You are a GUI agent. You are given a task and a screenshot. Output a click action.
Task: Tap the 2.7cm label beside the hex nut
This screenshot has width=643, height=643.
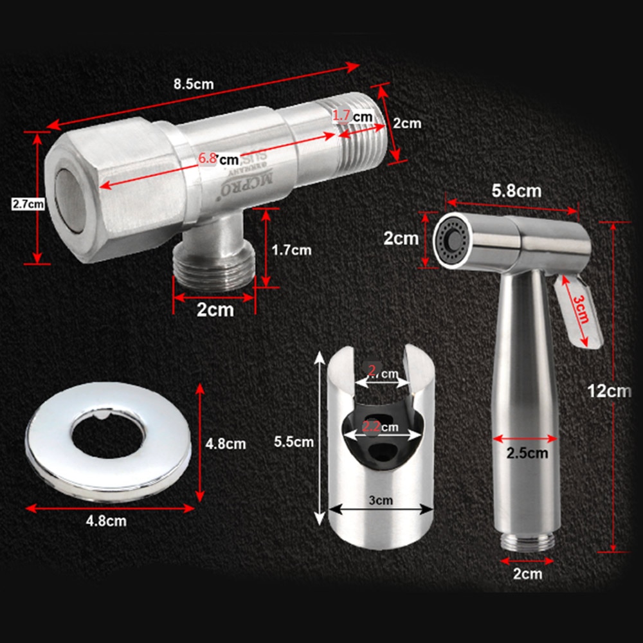pos(28,204)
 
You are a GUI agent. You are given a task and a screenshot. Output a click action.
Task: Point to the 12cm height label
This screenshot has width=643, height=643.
pos(608,390)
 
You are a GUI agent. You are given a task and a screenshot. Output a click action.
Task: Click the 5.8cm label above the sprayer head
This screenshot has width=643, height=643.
pos(516,190)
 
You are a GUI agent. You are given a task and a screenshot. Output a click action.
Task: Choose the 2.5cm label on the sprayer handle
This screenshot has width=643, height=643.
pos(526,453)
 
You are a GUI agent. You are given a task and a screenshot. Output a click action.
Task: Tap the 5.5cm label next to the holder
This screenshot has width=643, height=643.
pos(293,442)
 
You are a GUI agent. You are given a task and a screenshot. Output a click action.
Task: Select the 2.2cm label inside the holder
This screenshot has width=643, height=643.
pos(379,426)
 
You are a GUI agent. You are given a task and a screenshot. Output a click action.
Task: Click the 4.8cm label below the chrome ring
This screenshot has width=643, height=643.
pos(106,521)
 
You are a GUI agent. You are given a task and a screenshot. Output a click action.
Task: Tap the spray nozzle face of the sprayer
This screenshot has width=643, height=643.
pos(451,241)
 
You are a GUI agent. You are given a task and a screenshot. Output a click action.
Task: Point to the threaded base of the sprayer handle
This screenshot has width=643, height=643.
pos(527,541)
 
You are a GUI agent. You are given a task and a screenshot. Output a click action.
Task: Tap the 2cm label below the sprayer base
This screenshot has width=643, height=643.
pos(527,574)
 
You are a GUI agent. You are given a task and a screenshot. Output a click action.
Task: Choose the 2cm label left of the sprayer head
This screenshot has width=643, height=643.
pos(401,239)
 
